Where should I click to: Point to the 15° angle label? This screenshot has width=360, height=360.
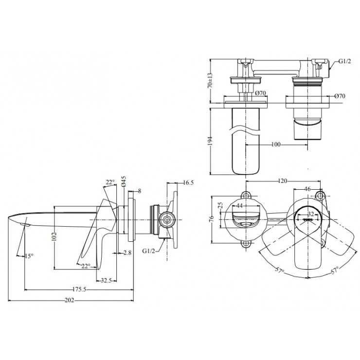(29, 256)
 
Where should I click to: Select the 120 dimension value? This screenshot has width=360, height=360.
(283, 180)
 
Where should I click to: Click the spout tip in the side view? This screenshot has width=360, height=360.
(11, 216)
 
